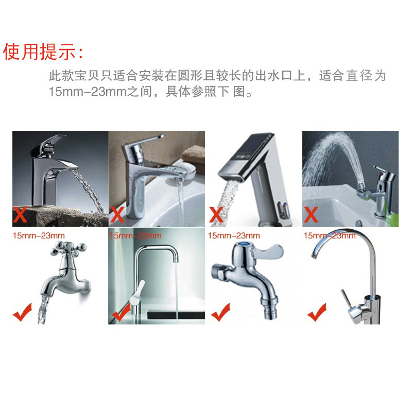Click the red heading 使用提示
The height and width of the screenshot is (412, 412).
40,51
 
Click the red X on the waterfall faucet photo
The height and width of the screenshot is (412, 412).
20,215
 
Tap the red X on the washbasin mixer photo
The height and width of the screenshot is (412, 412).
117,215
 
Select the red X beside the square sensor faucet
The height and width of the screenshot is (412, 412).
216,215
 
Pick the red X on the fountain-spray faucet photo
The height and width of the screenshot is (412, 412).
311,215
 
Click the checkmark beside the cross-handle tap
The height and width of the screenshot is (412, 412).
22,313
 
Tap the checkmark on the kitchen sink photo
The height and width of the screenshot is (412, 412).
121,313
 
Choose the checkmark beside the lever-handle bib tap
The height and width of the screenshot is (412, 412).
220,313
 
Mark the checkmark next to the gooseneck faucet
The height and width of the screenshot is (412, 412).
317,313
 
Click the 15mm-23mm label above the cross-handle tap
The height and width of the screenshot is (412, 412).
39,236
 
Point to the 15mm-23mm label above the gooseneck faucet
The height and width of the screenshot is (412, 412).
330,236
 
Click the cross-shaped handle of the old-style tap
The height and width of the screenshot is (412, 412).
68,249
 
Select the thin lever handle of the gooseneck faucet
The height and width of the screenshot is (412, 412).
345,298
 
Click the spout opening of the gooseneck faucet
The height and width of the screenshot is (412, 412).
314,256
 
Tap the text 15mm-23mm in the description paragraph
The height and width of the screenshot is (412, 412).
88,92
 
